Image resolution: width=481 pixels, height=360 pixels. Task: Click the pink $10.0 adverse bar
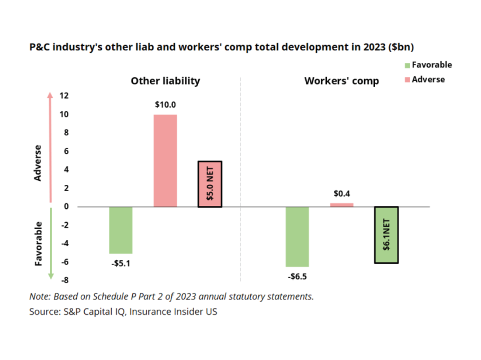pyautogui.click(x=165, y=160)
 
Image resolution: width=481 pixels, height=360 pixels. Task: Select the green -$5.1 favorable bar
pyautogui.click(x=121, y=230)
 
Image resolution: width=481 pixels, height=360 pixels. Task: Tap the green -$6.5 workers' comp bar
pyautogui.click(x=297, y=236)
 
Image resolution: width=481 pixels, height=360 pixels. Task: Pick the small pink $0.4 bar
pyautogui.click(x=342, y=204)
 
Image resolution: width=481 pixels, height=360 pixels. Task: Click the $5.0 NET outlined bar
pyautogui.click(x=210, y=184)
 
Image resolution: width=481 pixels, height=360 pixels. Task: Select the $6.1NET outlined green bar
pyautogui.click(x=386, y=235)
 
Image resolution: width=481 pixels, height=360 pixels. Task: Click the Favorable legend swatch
pyautogui.click(x=407, y=65)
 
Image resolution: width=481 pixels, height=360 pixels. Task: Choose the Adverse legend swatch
pyautogui.click(x=407, y=80)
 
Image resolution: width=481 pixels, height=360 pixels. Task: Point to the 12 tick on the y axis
pyautogui.click(x=65, y=96)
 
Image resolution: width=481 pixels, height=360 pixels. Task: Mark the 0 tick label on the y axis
pyautogui.click(x=66, y=207)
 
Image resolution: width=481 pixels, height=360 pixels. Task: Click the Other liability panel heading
pyautogui.click(x=165, y=81)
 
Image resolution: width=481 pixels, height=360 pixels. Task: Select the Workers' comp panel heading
pyautogui.click(x=341, y=81)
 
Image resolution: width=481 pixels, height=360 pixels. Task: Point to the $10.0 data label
pyautogui.click(x=165, y=105)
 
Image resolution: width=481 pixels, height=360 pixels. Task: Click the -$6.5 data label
pyautogui.click(x=297, y=276)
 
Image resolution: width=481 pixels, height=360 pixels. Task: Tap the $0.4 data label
pyautogui.click(x=342, y=194)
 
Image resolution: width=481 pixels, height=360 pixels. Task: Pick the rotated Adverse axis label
pyautogui.click(x=38, y=163)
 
